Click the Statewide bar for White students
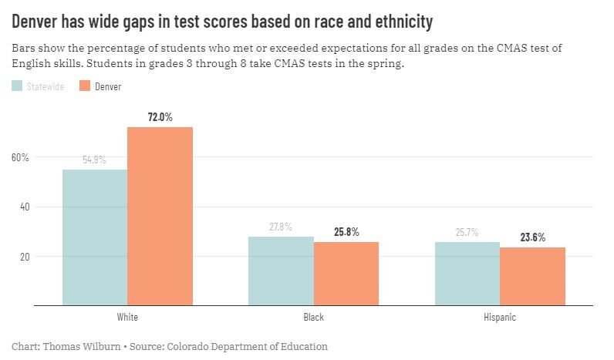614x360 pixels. click(x=95, y=237)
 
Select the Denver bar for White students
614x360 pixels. click(x=160, y=216)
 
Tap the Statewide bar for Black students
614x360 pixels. click(x=281, y=271)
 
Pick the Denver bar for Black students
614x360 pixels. click(x=346, y=274)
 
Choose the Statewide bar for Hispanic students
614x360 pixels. click(x=467, y=274)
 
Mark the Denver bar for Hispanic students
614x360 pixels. click(x=532, y=276)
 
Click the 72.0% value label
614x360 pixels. click(x=160, y=117)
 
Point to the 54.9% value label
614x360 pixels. click(x=95, y=160)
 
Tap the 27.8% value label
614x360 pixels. click(x=281, y=227)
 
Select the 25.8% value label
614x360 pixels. click(x=346, y=232)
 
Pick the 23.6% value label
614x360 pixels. click(x=532, y=237)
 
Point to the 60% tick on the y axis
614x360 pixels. click(x=20, y=157)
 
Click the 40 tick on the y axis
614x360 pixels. click(x=23, y=207)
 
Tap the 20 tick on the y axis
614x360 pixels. click(x=23, y=256)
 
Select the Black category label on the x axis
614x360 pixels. click(x=313, y=317)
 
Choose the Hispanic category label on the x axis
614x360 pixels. click(x=500, y=317)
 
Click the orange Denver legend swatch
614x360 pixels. click(x=86, y=86)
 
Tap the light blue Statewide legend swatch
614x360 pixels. click(x=17, y=86)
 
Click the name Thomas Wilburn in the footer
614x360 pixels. click(x=78, y=346)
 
